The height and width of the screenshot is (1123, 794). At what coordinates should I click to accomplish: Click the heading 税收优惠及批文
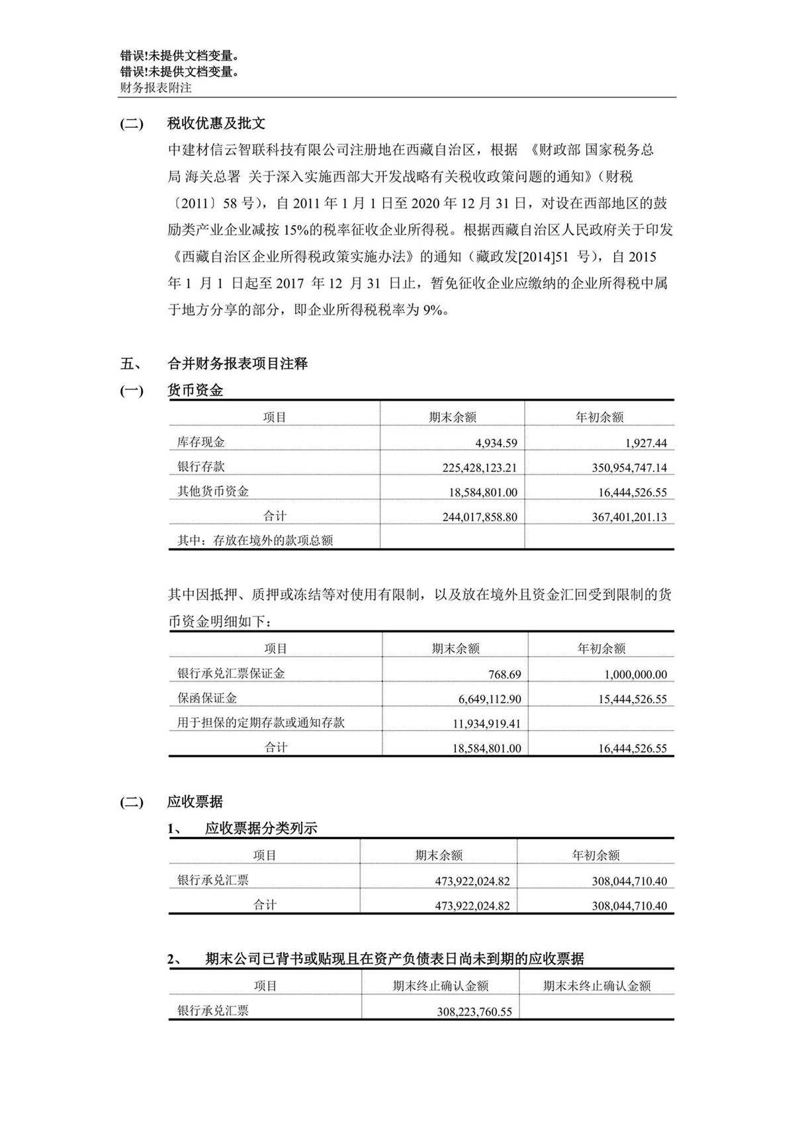tap(216, 123)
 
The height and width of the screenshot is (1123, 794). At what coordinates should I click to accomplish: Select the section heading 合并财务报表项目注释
tap(238, 364)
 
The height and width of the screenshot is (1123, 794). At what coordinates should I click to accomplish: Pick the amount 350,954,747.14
tap(629, 467)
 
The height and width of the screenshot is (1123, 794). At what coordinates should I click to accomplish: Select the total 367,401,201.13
tap(629, 517)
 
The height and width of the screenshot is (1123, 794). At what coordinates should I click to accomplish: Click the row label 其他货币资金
tap(213, 491)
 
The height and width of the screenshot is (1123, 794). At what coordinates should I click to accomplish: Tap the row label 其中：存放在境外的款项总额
tap(255, 540)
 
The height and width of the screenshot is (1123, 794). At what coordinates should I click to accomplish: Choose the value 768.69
tap(504, 675)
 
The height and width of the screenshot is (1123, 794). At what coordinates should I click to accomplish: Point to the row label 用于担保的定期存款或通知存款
tap(261, 722)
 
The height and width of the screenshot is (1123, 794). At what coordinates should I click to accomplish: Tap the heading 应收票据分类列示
tap(261, 828)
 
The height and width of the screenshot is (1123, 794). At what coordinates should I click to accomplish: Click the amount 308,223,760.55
tap(474, 1012)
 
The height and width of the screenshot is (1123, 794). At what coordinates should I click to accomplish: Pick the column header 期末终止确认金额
tap(441, 986)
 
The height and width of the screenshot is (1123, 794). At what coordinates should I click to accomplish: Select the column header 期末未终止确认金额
tap(597, 986)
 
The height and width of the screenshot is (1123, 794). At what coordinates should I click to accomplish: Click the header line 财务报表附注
tap(155, 87)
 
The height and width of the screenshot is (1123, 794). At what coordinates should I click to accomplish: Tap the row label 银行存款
tap(200, 467)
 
